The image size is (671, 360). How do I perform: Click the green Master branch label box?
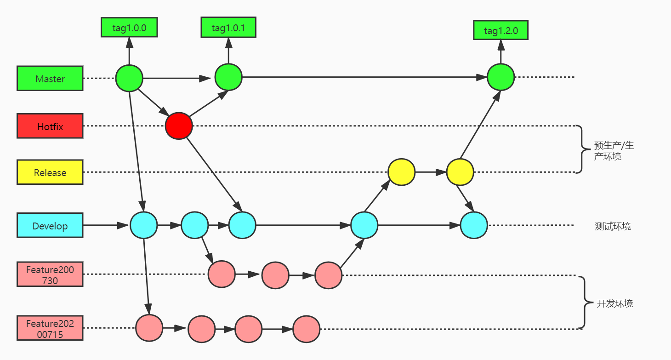tap(50, 79)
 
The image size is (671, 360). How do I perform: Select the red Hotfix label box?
tap(50, 126)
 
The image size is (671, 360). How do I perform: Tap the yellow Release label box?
tap(50, 172)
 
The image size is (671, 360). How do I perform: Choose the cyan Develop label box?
tap(50, 226)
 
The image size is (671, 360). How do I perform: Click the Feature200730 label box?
tap(50, 274)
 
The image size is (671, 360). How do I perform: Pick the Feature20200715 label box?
tap(50, 328)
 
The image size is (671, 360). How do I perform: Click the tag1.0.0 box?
tap(129, 28)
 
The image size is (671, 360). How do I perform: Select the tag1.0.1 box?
tap(228, 28)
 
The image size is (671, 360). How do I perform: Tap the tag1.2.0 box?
tap(500, 31)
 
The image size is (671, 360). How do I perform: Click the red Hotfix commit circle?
tap(179, 126)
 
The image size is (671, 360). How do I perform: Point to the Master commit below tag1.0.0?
tap(129, 79)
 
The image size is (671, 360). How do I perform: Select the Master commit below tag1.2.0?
tap(500, 77)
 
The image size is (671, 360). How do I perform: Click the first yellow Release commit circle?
tap(401, 172)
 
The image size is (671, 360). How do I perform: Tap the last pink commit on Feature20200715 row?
tap(306, 328)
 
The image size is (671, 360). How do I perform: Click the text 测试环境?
tap(613, 226)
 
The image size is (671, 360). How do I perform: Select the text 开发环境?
tap(614, 303)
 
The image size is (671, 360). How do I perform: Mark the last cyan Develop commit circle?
tap(474, 225)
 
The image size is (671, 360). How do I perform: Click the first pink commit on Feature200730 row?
tap(222, 274)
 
